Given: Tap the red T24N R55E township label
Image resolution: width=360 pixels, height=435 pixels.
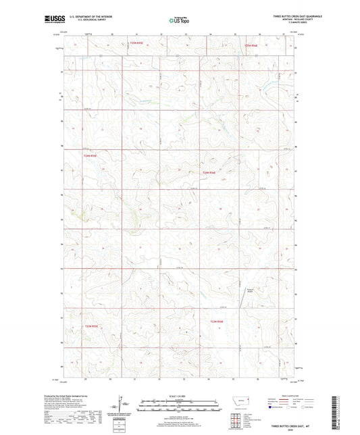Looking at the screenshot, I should click(91, 156).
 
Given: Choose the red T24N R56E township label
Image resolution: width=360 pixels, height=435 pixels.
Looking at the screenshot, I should click(209, 172).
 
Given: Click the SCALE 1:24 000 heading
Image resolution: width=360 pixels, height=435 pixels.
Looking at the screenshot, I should click(180, 396).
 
